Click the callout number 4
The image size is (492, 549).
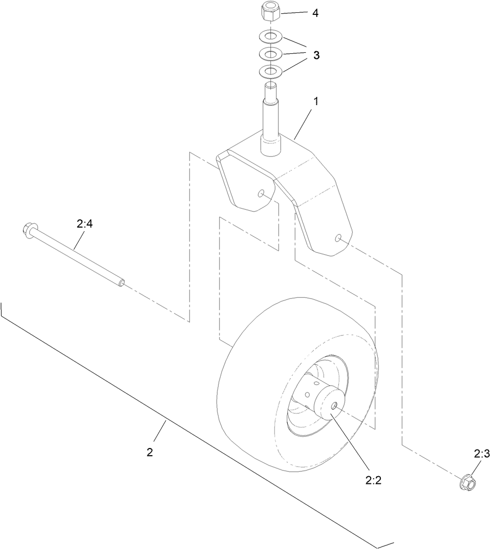[315, 13]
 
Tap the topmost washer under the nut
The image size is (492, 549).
[270, 37]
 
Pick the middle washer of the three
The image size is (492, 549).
[270, 53]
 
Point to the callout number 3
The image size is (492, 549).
[316, 55]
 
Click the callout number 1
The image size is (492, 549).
[316, 101]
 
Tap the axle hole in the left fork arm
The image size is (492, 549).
[262, 193]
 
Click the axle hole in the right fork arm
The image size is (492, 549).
[338, 237]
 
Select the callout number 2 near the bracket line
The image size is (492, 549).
[149, 452]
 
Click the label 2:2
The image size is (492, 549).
[373, 480]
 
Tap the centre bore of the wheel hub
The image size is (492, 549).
[333, 405]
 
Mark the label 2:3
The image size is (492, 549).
[482, 454]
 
